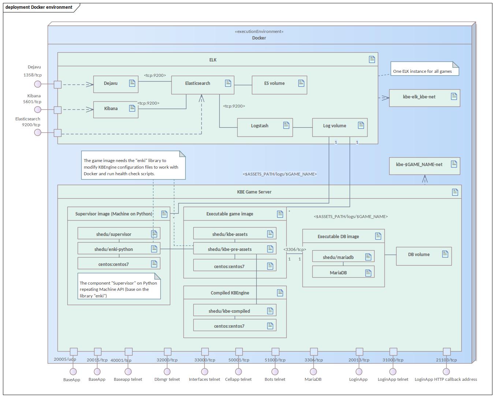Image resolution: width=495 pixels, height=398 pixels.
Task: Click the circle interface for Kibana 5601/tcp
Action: click(x=38, y=110)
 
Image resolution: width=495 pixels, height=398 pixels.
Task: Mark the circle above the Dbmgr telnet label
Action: click(x=167, y=372)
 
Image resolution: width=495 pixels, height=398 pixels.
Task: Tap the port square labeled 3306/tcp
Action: click(x=314, y=352)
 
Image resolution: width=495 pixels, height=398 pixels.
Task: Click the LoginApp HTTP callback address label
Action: click(x=446, y=379)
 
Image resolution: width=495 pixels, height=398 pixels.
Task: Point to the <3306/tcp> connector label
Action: click(x=295, y=249)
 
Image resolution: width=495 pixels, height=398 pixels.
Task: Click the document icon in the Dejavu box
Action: click(x=132, y=83)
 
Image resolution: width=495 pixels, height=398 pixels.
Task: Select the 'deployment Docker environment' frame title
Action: click(x=39, y=7)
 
